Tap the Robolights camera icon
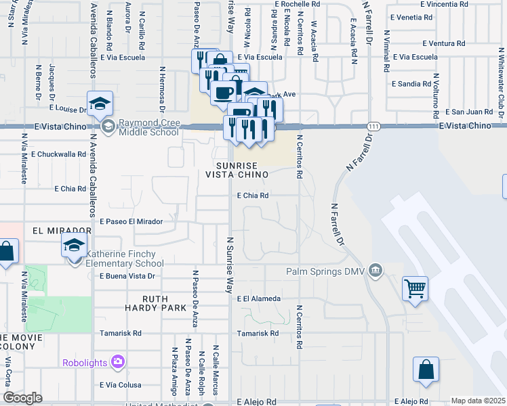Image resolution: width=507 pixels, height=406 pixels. pos(118,362)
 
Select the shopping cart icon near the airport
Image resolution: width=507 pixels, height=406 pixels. pos(415,288)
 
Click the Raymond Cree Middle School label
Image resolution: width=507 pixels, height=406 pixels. pos(149,127)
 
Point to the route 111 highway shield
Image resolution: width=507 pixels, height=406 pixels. pos(373,127)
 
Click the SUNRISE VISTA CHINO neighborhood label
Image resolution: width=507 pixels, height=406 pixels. pos(243,170)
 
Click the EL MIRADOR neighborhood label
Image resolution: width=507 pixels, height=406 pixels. pos(62,230)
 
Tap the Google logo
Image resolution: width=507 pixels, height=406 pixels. pos(23,398)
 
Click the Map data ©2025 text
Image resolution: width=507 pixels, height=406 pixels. pos(479,401)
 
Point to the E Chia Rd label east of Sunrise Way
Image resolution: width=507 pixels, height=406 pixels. pos(254,196)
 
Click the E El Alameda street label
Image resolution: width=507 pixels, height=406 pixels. pos(259,298)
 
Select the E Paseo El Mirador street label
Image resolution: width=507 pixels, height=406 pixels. pos(131,221)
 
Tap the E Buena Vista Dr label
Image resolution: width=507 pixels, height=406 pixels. pos(128,276)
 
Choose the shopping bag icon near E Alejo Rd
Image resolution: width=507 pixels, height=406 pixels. pos(426,369)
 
